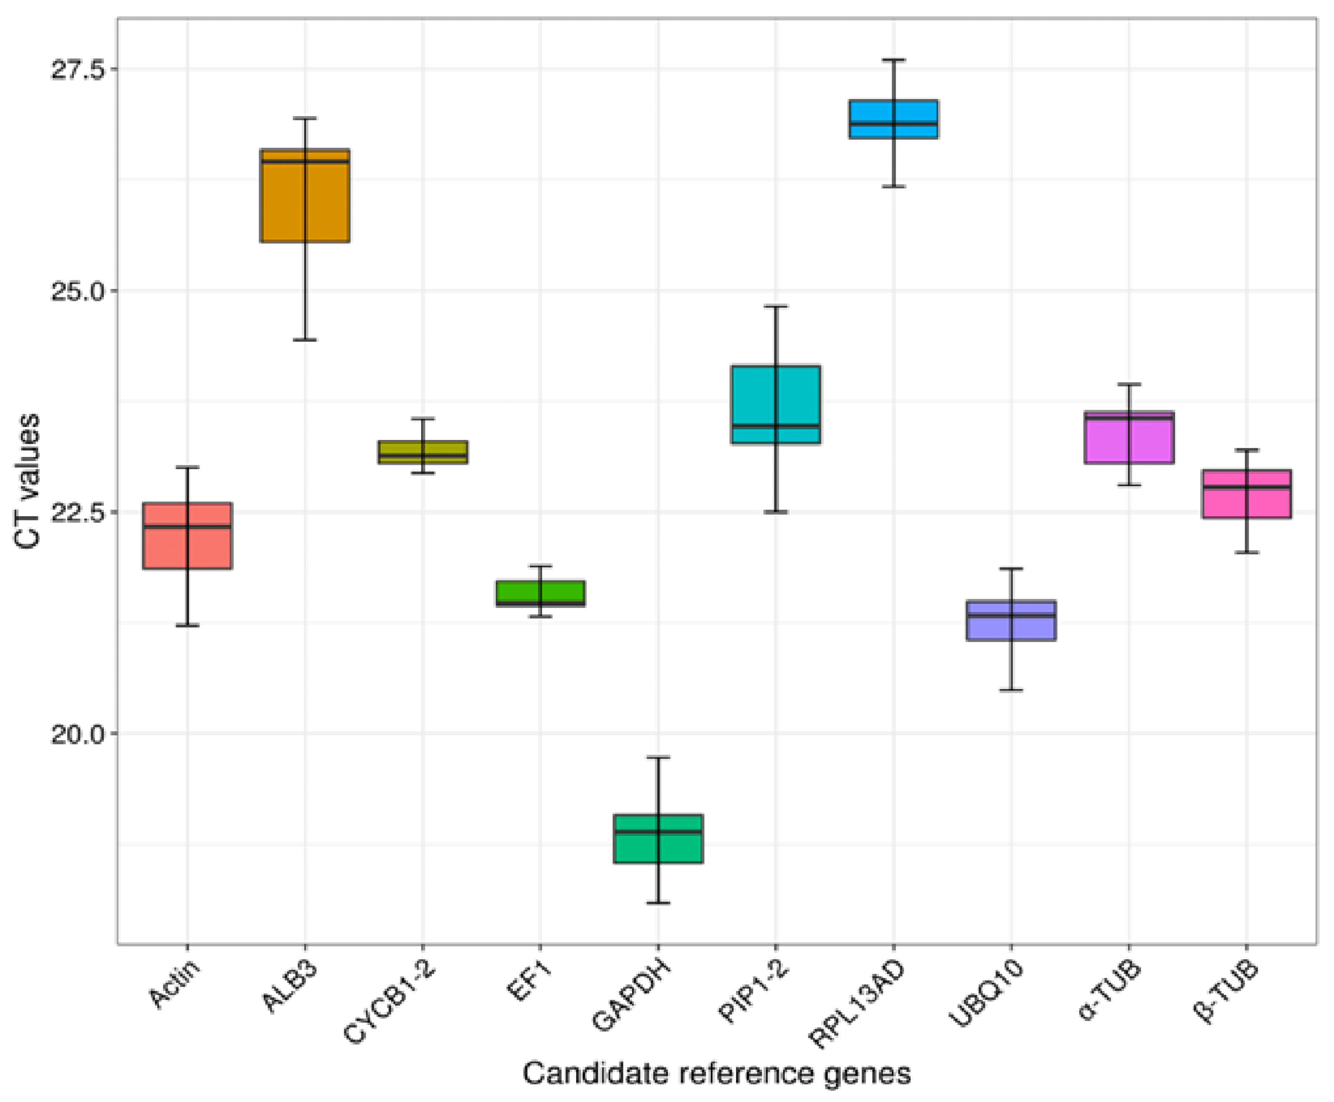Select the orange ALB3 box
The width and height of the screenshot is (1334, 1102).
pos(305,196)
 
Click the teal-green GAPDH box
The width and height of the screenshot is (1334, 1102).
pos(658,838)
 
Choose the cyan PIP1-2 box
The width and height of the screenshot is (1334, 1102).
pos(776,405)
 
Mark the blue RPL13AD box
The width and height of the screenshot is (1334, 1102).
pos(894,119)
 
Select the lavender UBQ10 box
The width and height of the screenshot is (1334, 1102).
pos(1011,620)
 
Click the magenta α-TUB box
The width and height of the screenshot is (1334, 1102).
pos(1129,437)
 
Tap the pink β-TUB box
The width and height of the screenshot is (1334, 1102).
pos(1246,494)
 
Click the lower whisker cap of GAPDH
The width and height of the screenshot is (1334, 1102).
pos(658,902)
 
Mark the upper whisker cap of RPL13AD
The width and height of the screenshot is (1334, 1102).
pos(894,60)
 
